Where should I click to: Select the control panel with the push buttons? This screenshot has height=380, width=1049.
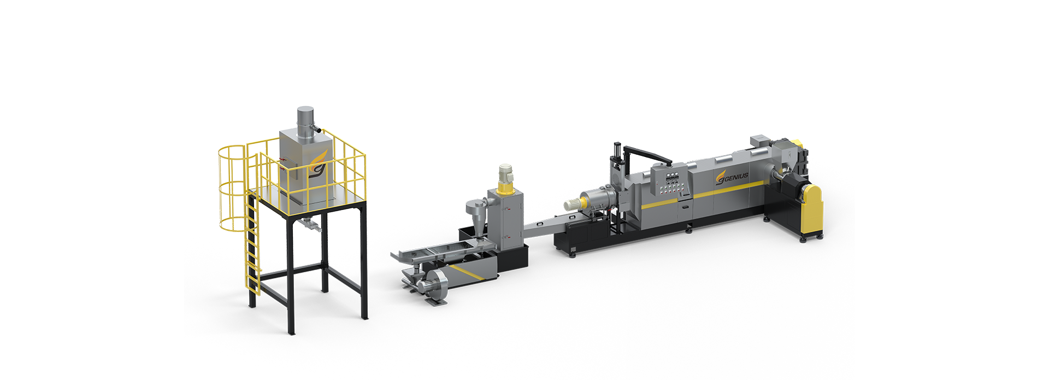point(672,183)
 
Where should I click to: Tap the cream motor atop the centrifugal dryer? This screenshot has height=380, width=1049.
point(505,172)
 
